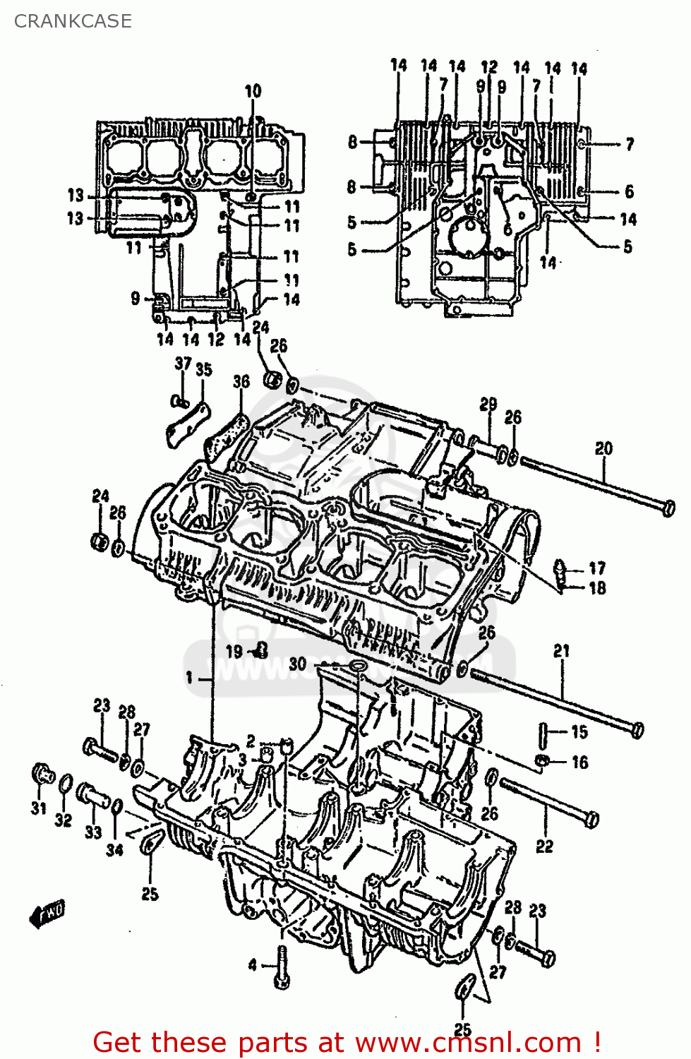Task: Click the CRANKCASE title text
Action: coord(73,21)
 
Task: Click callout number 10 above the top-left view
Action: coord(253,91)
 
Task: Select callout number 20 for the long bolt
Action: coord(603,448)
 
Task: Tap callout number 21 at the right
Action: coord(561,651)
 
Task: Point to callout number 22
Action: coord(544,846)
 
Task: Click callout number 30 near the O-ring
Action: coord(298,664)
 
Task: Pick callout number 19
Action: coord(234,652)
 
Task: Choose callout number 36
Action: coord(241,381)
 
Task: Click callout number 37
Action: coord(183,364)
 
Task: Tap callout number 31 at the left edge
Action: coord(39,808)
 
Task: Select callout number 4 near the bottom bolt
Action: coord(252,965)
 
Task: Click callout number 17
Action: coord(597,568)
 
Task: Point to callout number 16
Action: coord(579,762)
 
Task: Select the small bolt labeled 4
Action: coord(282,967)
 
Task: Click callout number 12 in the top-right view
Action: coord(489,67)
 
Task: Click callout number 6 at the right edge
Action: coord(629,191)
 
